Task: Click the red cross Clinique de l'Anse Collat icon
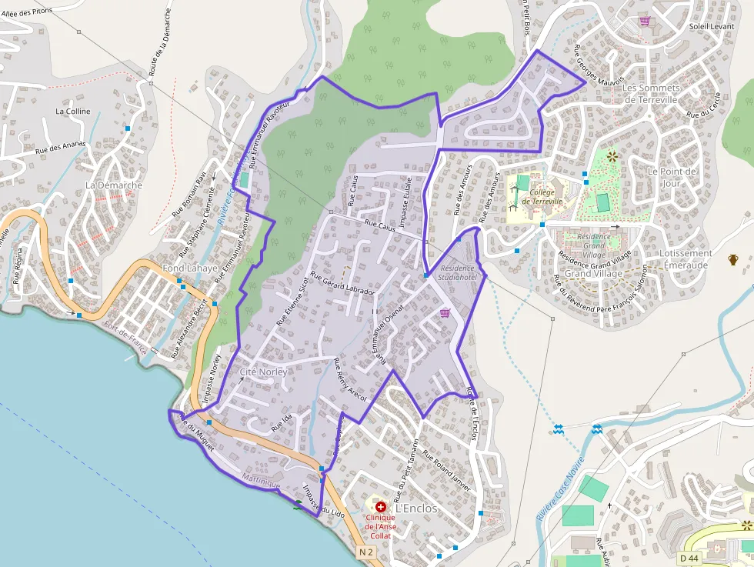[x=380, y=507]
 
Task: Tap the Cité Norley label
[x=264, y=372]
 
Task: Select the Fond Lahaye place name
[x=190, y=268]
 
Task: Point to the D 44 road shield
[x=689, y=557]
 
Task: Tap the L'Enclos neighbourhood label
[x=415, y=509]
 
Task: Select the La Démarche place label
[x=114, y=185]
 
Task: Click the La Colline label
[x=73, y=112]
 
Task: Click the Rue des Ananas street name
[x=59, y=149]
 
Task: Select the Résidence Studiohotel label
[x=458, y=272]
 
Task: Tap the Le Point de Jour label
[x=672, y=177]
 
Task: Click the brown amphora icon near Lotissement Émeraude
[x=733, y=259]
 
